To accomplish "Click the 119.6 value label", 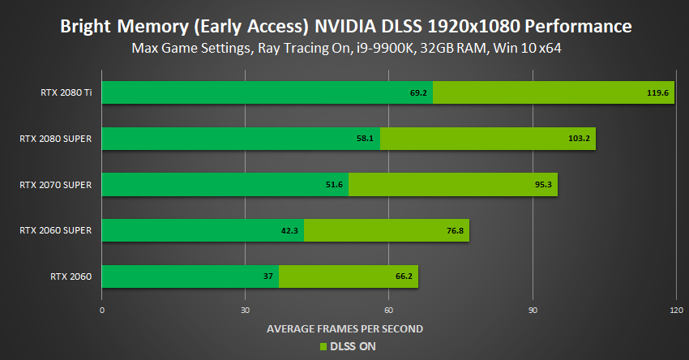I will [657, 93].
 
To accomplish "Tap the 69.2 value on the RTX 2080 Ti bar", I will [418, 93].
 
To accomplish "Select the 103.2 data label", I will [579, 139].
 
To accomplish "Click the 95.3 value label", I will [543, 185].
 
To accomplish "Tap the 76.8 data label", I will [454, 231].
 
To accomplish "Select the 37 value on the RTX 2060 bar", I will [267, 276].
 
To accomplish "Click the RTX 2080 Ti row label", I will [66, 92].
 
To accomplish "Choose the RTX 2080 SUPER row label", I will [55, 139].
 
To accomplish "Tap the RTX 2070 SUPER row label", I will [55, 185].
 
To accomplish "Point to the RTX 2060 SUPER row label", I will [55, 231].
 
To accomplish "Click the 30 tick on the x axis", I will [246, 311].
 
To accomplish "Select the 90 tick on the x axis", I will [533, 311].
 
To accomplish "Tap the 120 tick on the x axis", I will [674, 311].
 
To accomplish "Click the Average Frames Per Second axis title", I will [344, 328].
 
